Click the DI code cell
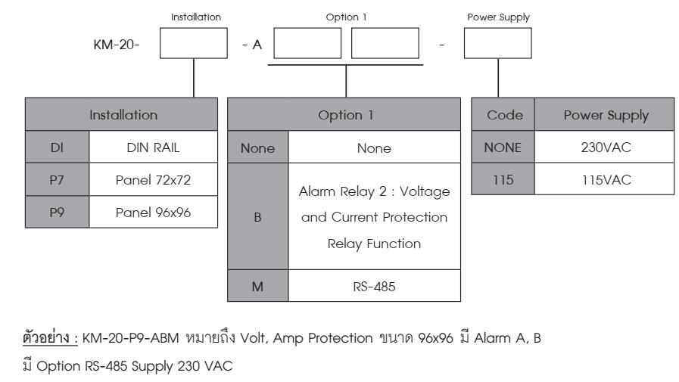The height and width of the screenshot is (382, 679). pyautogui.click(x=58, y=147)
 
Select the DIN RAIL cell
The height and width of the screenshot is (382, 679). pyautogui.click(x=154, y=147)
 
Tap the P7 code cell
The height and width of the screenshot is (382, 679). pyautogui.click(x=58, y=179)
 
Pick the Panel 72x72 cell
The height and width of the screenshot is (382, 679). pyautogui.click(x=154, y=179)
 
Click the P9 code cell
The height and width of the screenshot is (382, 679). pyautogui.click(x=58, y=212)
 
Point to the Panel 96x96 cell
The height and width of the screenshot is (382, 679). pyautogui.click(x=154, y=212)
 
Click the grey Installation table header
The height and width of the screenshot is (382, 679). pyautogui.click(x=121, y=114)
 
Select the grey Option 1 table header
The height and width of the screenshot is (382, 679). pyautogui.click(x=344, y=114)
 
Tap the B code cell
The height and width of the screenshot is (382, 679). pyautogui.click(x=257, y=216)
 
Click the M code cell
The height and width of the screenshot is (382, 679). pyautogui.click(x=257, y=285)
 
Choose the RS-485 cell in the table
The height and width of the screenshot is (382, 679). pyautogui.click(x=374, y=285)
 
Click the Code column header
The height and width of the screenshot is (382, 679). pyautogui.click(x=503, y=114)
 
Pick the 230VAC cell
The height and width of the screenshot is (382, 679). pyautogui.click(x=605, y=147)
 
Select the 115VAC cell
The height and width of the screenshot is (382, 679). pyautogui.click(x=605, y=179)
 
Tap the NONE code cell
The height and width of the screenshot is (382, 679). pyautogui.click(x=503, y=147)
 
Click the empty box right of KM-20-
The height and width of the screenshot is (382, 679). pyautogui.click(x=194, y=43)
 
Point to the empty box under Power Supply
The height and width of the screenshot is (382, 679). pyautogui.click(x=498, y=43)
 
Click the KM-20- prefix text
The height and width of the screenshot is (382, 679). pyautogui.click(x=117, y=45)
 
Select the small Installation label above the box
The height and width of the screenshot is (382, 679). pyautogui.click(x=196, y=17)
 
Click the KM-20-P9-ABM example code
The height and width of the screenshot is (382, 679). pyautogui.click(x=131, y=338)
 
